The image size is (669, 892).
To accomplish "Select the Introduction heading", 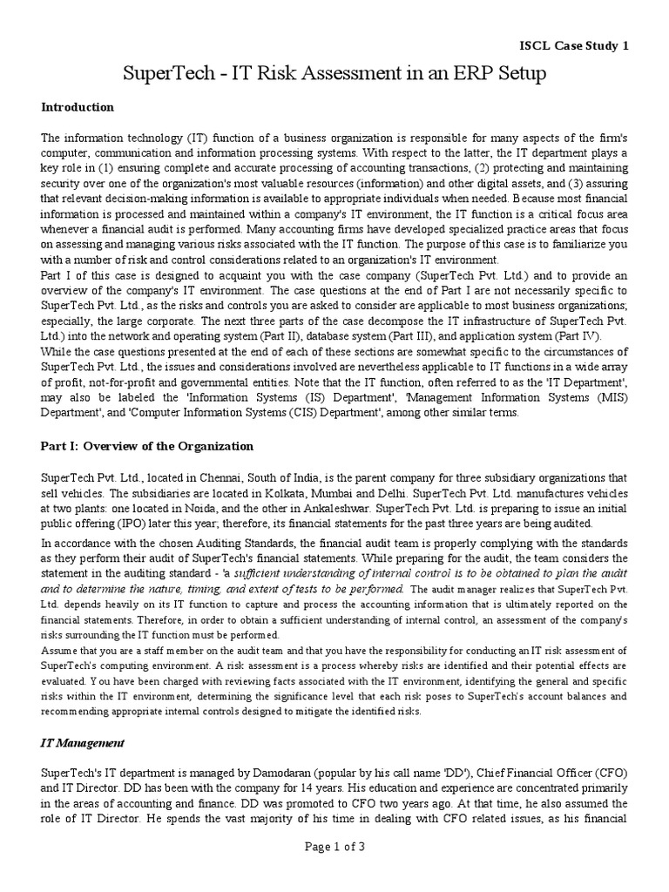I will point(78,107).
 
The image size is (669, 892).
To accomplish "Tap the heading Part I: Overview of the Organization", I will point(148,446).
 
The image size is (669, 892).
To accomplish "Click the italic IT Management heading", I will point(84,743).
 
